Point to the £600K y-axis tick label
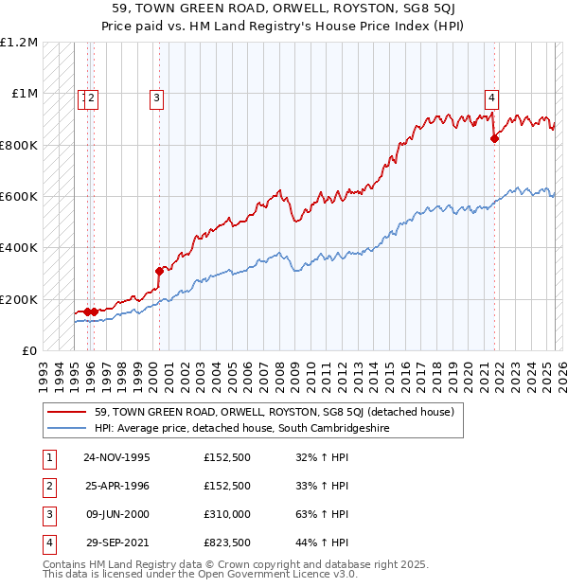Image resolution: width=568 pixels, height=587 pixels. point(19,197)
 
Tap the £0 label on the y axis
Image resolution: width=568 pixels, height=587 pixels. point(30,351)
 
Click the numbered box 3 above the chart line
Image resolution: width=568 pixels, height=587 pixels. point(156,96)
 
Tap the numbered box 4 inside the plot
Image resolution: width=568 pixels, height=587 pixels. point(492,96)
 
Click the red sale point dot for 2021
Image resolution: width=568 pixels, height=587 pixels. point(494,139)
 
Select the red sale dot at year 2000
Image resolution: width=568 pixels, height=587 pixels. point(159,272)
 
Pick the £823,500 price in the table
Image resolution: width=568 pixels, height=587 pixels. point(227,543)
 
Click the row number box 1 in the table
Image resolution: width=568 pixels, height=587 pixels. point(47,457)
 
